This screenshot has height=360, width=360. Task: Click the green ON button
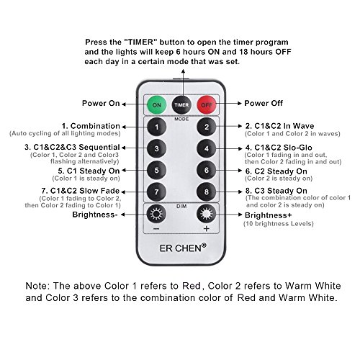pyautogui.click(x=156, y=105)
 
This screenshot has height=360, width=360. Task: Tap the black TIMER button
pyautogui.click(x=181, y=105)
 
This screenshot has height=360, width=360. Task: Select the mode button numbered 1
pyautogui.click(x=156, y=127)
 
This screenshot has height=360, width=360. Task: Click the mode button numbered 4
pyautogui.click(x=207, y=149)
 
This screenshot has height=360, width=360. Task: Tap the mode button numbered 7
pyautogui.click(x=156, y=192)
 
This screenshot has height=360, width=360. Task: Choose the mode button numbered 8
pyautogui.click(x=207, y=192)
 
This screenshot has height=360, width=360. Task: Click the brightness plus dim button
pyautogui.click(x=207, y=214)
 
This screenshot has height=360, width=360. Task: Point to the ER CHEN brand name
pyautogui.click(x=183, y=248)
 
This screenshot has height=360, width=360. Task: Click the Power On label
pyautogui.click(x=101, y=103)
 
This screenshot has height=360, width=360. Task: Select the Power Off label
pyautogui.click(x=264, y=103)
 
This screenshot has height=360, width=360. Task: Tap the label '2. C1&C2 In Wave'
pyautogui.click(x=279, y=126)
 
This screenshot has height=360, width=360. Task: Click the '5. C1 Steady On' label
pyautogui.click(x=89, y=171)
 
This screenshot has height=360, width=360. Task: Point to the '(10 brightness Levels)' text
pyautogui.click(x=279, y=224)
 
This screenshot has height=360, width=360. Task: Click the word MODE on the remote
pyautogui.click(x=181, y=119)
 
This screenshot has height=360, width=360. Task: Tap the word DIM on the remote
pyautogui.click(x=181, y=206)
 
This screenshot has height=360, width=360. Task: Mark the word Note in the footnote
pyautogui.click(x=37, y=286)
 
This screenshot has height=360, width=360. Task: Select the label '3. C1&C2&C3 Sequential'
pyautogui.click(x=72, y=147)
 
